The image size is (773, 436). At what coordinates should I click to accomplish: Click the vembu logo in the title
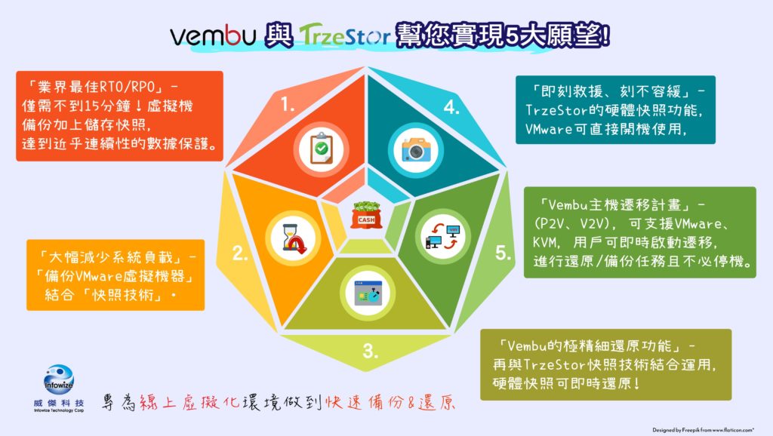213,35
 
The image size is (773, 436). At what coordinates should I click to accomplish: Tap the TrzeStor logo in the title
344,35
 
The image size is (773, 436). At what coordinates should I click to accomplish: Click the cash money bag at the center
366,215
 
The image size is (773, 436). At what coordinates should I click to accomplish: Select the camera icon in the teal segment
416,150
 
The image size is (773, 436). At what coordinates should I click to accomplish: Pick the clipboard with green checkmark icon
322,149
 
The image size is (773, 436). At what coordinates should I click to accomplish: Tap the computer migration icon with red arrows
442,236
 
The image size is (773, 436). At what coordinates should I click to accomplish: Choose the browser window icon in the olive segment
368,293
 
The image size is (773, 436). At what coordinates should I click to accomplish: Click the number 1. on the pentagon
288,104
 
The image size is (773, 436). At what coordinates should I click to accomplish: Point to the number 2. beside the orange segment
240,253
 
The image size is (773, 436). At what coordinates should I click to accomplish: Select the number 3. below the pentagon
370,352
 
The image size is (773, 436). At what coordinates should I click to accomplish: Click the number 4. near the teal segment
451,107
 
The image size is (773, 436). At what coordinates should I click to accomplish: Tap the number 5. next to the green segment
503,253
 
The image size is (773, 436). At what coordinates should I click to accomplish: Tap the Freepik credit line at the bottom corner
703,430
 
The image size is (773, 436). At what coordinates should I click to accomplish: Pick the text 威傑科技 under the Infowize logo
59,403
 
